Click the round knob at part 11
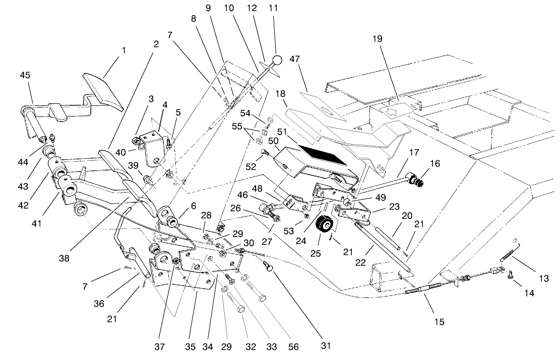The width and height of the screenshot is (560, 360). click(277, 61)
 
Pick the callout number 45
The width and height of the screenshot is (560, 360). click(25, 75)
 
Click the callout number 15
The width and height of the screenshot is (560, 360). click(440, 321)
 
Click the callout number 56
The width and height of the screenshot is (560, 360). click(293, 347)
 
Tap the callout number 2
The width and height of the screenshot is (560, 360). click(156, 44)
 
